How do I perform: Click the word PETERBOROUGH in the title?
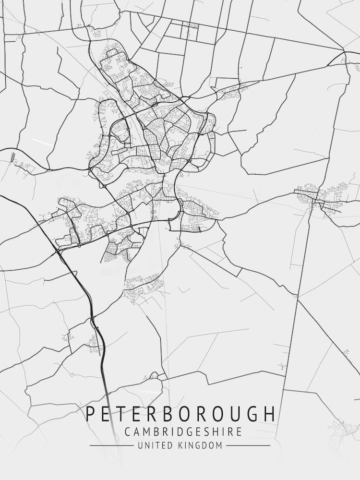[181, 414]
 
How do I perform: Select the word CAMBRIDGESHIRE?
[183, 432]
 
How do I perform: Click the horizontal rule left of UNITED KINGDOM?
[111, 446]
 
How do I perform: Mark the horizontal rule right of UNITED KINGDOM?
[248, 446]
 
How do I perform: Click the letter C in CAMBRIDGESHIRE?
[128, 432]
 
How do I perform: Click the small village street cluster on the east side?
[319, 197]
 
